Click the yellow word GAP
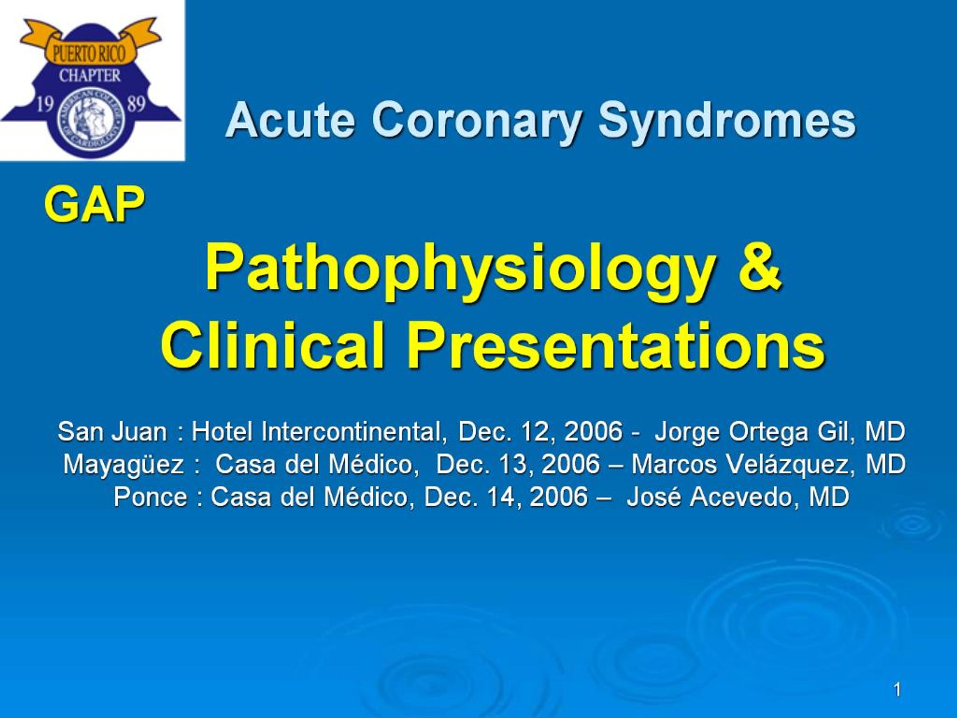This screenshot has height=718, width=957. tap(94, 204)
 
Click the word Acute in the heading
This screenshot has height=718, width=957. tap(290, 120)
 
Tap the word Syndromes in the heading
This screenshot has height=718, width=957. tap(727, 120)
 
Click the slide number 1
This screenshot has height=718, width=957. tap(898, 690)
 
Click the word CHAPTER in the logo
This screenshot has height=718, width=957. tap(90, 76)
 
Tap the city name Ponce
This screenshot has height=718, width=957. tap(151, 496)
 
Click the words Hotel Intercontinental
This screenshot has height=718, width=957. tap(319, 432)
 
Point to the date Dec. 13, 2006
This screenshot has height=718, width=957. tap(518, 464)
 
